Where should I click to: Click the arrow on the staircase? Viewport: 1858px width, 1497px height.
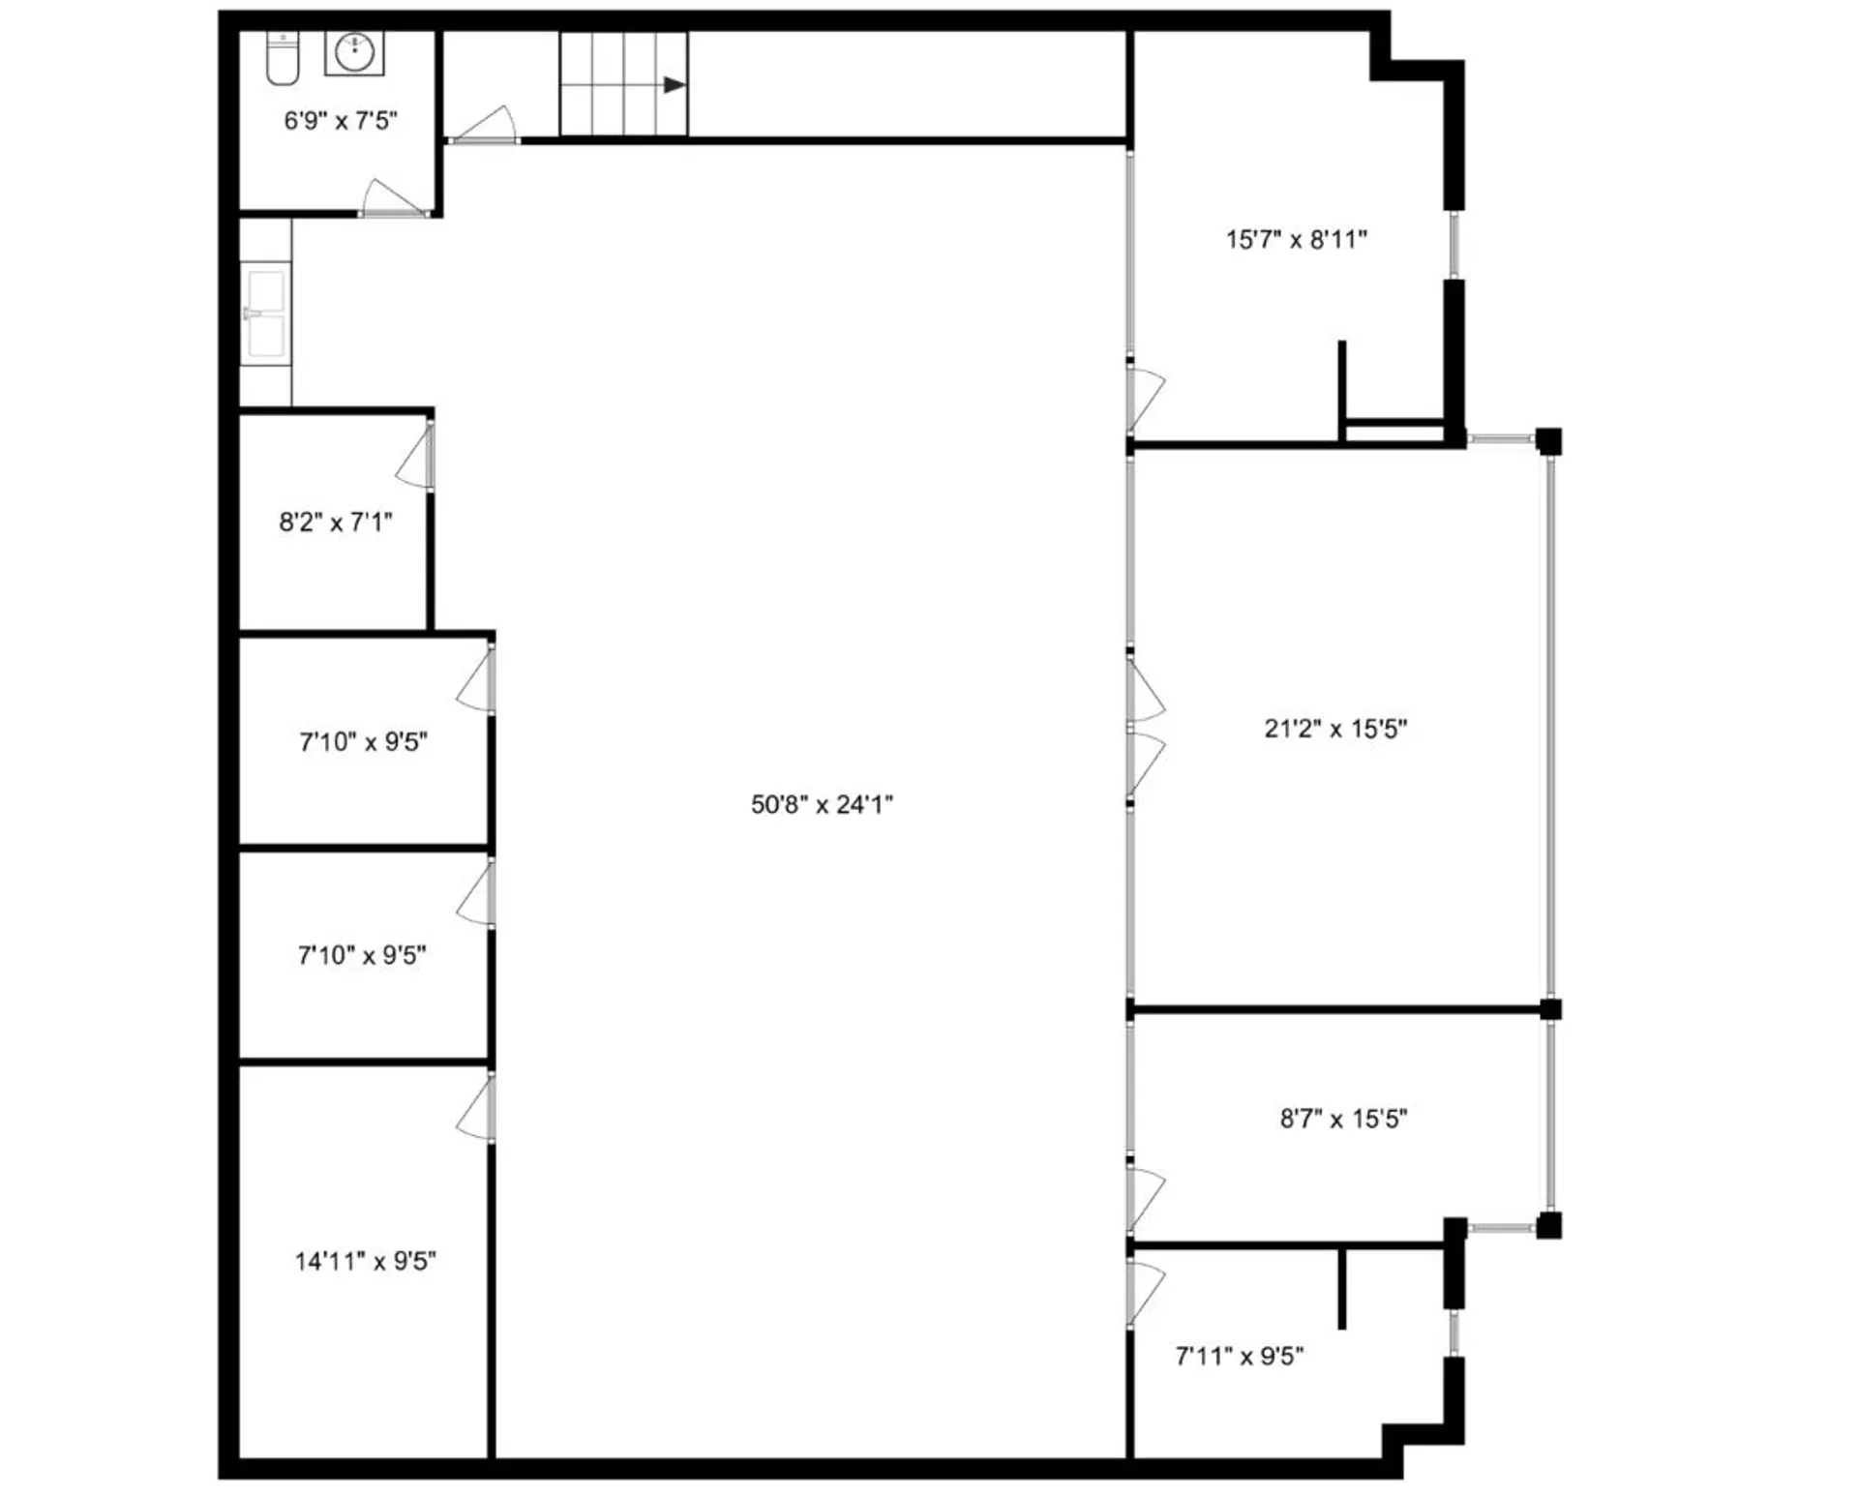pyautogui.click(x=674, y=85)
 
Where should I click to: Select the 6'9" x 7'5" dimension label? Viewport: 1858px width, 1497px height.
pyautogui.click(x=341, y=121)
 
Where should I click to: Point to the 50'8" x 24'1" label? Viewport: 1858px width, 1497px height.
pyautogui.click(x=822, y=804)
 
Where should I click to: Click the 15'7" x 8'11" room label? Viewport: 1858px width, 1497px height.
pyautogui.click(x=1296, y=239)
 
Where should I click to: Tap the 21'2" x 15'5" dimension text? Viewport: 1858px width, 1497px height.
pyautogui.click(x=1334, y=729)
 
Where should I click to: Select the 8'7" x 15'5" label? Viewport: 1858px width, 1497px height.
pyautogui.click(x=1343, y=1119)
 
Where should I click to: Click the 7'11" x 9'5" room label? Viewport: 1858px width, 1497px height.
pyautogui.click(x=1239, y=1356)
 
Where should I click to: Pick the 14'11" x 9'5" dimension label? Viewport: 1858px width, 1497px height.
pyautogui.click(x=365, y=1261)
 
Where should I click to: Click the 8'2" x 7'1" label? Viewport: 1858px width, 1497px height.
pyautogui.click(x=336, y=523)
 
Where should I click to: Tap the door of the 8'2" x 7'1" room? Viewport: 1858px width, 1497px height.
pyautogui.click(x=416, y=457)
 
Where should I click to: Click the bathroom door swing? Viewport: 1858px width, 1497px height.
pyautogui.click(x=392, y=197)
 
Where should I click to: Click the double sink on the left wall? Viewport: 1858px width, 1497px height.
pyautogui.click(x=265, y=314)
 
